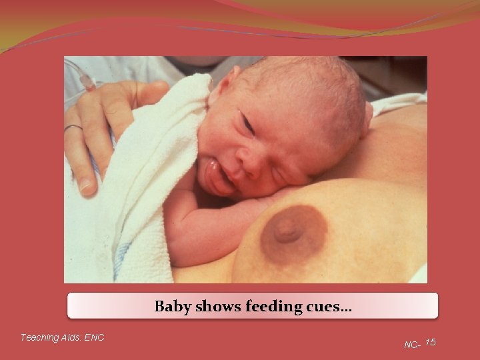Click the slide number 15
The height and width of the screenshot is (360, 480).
click(431, 342)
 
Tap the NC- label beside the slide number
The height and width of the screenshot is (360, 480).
click(412, 345)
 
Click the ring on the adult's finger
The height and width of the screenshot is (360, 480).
click(73, 127)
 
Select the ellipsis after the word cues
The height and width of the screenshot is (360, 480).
click(346, 309)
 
